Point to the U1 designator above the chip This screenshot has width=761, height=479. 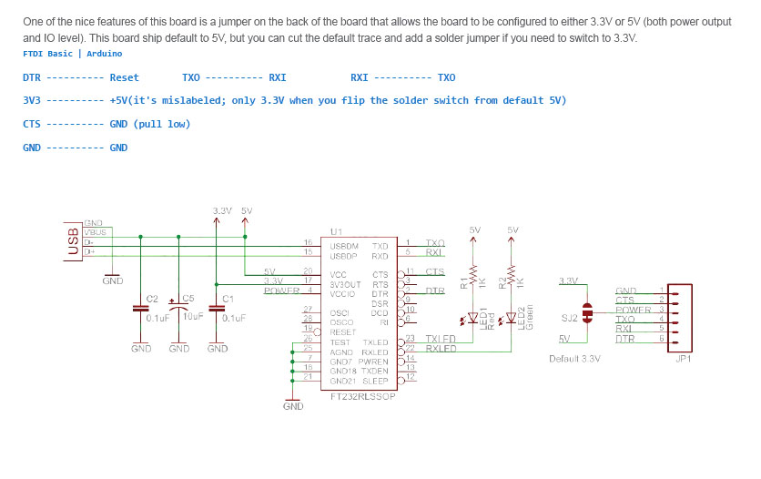pyautogui.click(x=336, y=231)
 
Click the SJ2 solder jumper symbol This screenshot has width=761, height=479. pyautogui.click(x=587, y=313)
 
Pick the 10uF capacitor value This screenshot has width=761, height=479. pyautogui.click(x=193, y=317)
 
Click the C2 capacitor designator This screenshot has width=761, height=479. pyautogui.click(x=152, y=299)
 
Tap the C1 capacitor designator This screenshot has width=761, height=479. pyautogui.click(x=228, y=299)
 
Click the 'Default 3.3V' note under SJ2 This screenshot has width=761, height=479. pyautogui.click(x=575, y=359)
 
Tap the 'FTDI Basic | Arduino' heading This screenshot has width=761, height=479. pyautogui.click(x=73, y=54)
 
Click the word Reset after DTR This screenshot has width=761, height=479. pyautogui.click(x=125, y=77)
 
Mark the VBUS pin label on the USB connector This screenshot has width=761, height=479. pyautogui.click(x=96, y=232)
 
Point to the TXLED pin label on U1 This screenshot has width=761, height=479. pyautogui.click(x=375, y=341)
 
